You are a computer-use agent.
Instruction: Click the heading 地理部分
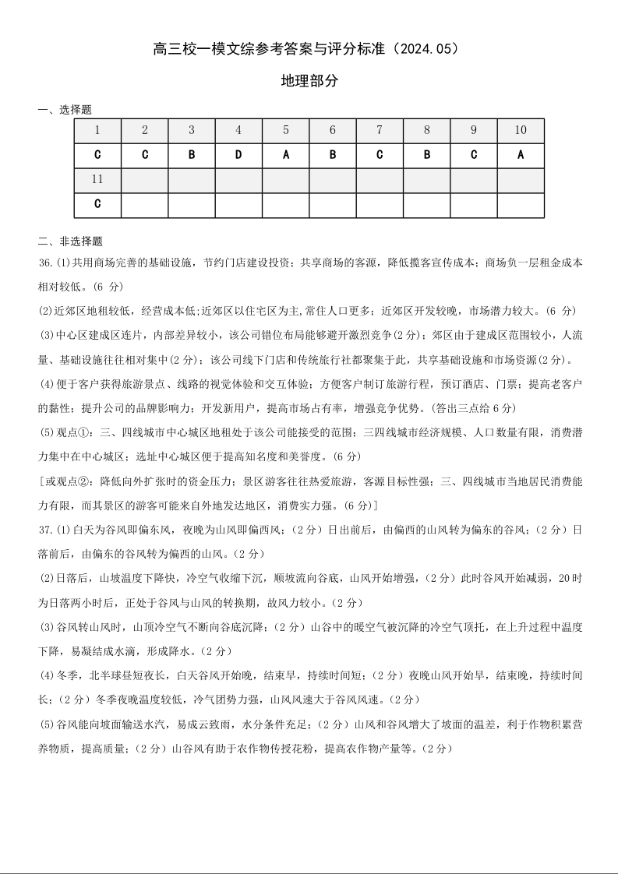pos(309,80)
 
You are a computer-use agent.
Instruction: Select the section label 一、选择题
pos(65,110)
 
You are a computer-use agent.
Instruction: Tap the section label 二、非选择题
pos(70,241)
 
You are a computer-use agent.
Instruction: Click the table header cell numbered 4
pos(238,130)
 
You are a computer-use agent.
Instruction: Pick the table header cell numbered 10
pos(521,130)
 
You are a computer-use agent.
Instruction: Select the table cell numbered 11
pos(97,179)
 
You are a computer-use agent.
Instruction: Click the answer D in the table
pos(238,154)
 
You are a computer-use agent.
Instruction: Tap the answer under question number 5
pos(286,154)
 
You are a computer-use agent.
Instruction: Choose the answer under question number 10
pos(521,154)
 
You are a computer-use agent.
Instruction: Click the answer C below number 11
pos(97,204)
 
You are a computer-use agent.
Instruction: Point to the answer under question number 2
pos(145,154)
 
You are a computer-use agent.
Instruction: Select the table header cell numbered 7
pos(380,130)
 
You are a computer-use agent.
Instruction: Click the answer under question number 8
pos(427,154)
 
